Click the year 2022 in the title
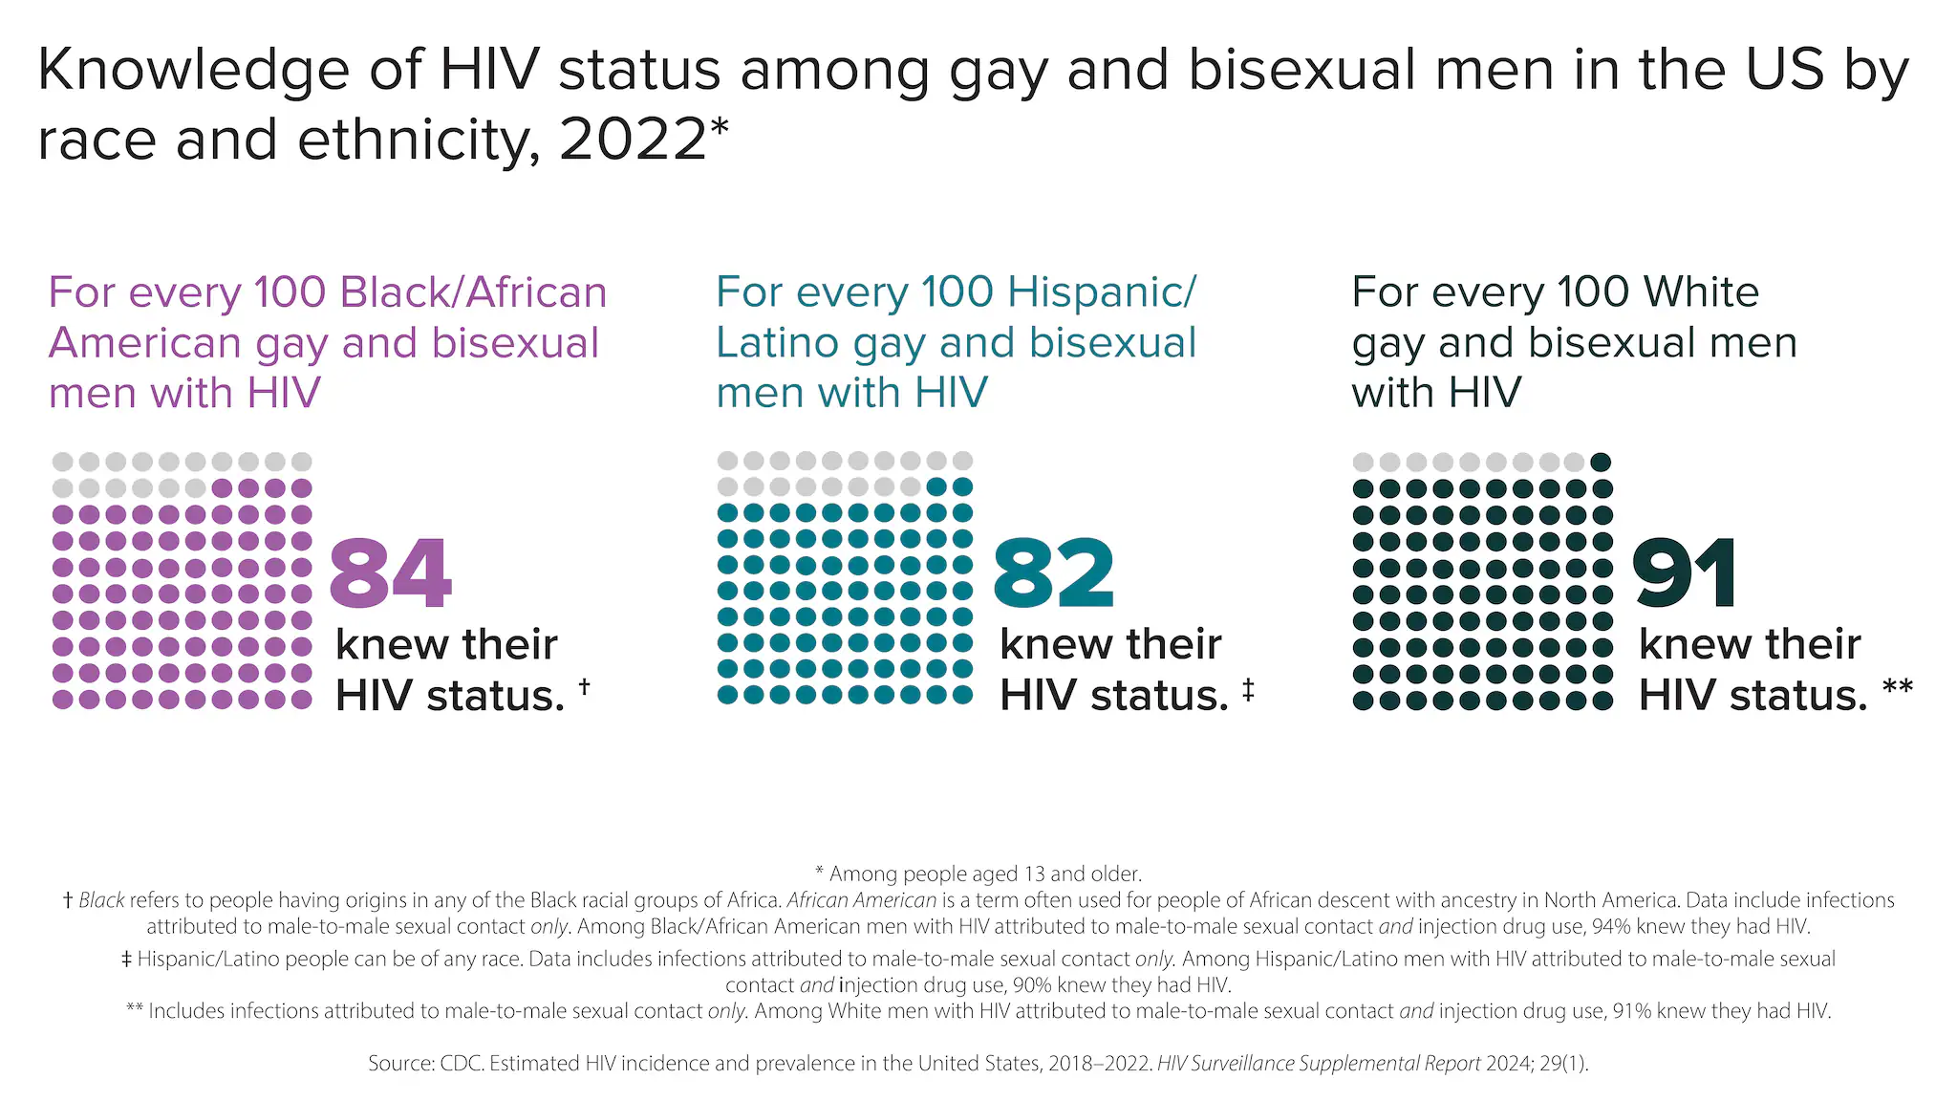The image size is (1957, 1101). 632,140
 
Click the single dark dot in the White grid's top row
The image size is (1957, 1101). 1601,463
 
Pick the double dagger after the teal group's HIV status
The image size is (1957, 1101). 1248,689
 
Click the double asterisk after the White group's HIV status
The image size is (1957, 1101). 1897,687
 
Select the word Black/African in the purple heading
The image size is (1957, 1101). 474,292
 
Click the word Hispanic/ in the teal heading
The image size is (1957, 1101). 1102,292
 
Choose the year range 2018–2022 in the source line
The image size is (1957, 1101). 1099,1064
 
